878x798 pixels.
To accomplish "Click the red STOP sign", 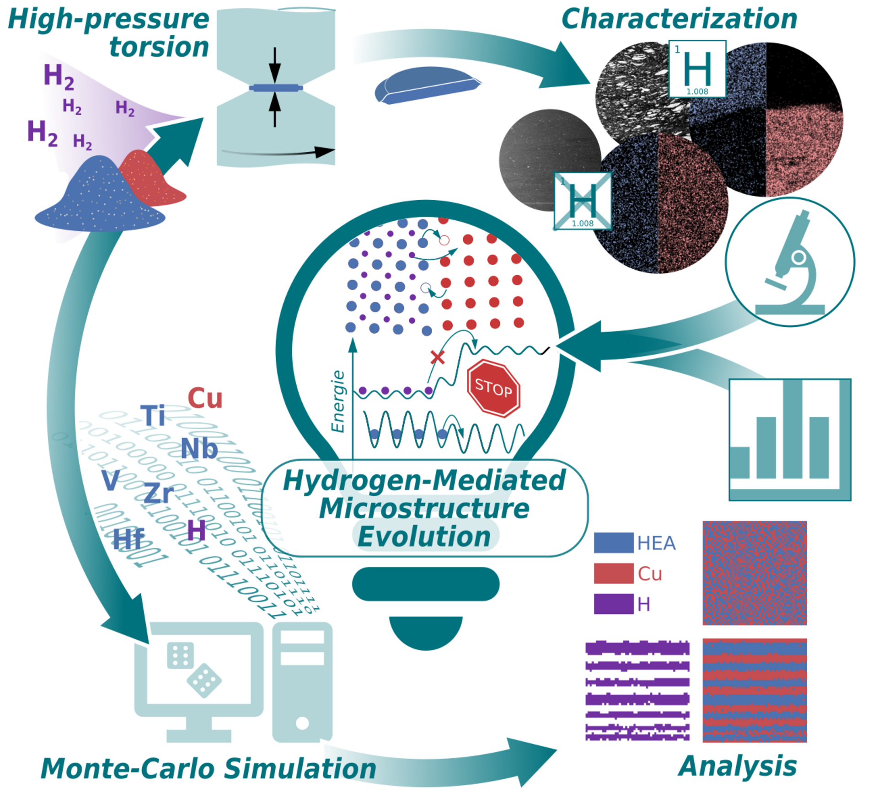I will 493,388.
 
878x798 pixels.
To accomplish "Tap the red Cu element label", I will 205,398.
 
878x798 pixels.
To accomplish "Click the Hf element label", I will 128,539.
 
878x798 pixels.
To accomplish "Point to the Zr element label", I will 158,494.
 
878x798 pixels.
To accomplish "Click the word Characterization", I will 679,19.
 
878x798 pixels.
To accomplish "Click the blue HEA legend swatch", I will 613,543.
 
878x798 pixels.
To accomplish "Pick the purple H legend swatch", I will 613,604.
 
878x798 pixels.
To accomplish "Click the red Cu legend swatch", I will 613,573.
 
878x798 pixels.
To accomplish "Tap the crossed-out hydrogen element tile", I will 582,201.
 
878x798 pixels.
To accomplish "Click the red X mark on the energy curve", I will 438,357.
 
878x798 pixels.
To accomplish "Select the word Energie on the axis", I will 338,401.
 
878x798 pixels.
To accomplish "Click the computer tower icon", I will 302,681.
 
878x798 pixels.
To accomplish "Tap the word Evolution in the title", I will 424,536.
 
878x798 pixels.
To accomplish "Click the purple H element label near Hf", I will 196,531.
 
